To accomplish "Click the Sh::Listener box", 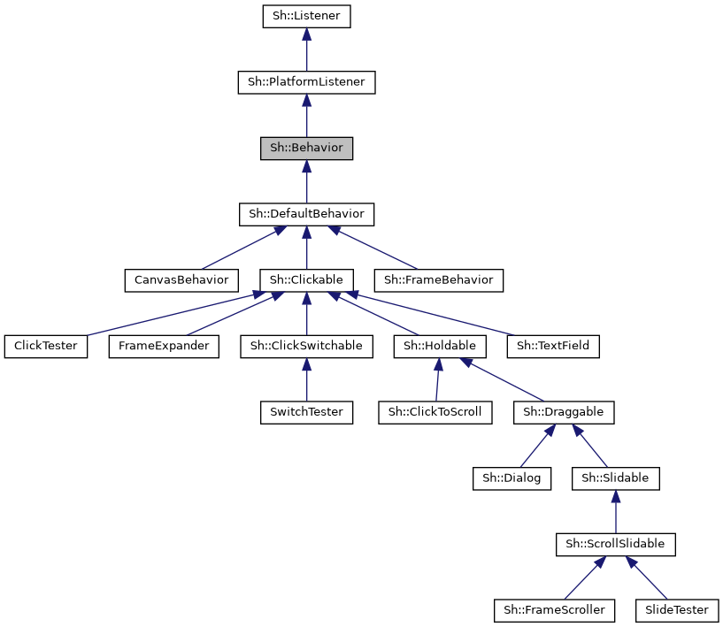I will click(306, 17).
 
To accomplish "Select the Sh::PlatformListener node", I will click(306, 82).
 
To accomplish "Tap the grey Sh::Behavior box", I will click(306, 148).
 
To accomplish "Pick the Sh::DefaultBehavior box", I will click(306, 214).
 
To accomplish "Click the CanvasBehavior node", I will click(181, 280).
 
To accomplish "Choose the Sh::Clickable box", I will click(306, 280).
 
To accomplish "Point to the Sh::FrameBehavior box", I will click(439, 280).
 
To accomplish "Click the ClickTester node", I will click(46, 346).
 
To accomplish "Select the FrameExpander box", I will click(164, 346).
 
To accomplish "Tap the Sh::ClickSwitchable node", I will click(306, 346).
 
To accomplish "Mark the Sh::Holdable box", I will click(440, 346).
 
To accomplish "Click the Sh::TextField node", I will click(554, 346).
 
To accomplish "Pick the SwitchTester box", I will click(306, 412).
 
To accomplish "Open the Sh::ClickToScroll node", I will click(435, 412).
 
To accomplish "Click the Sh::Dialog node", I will click(512, 478).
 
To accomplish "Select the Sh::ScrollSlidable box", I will click(616, 544).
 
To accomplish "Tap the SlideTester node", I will click(677, 609).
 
